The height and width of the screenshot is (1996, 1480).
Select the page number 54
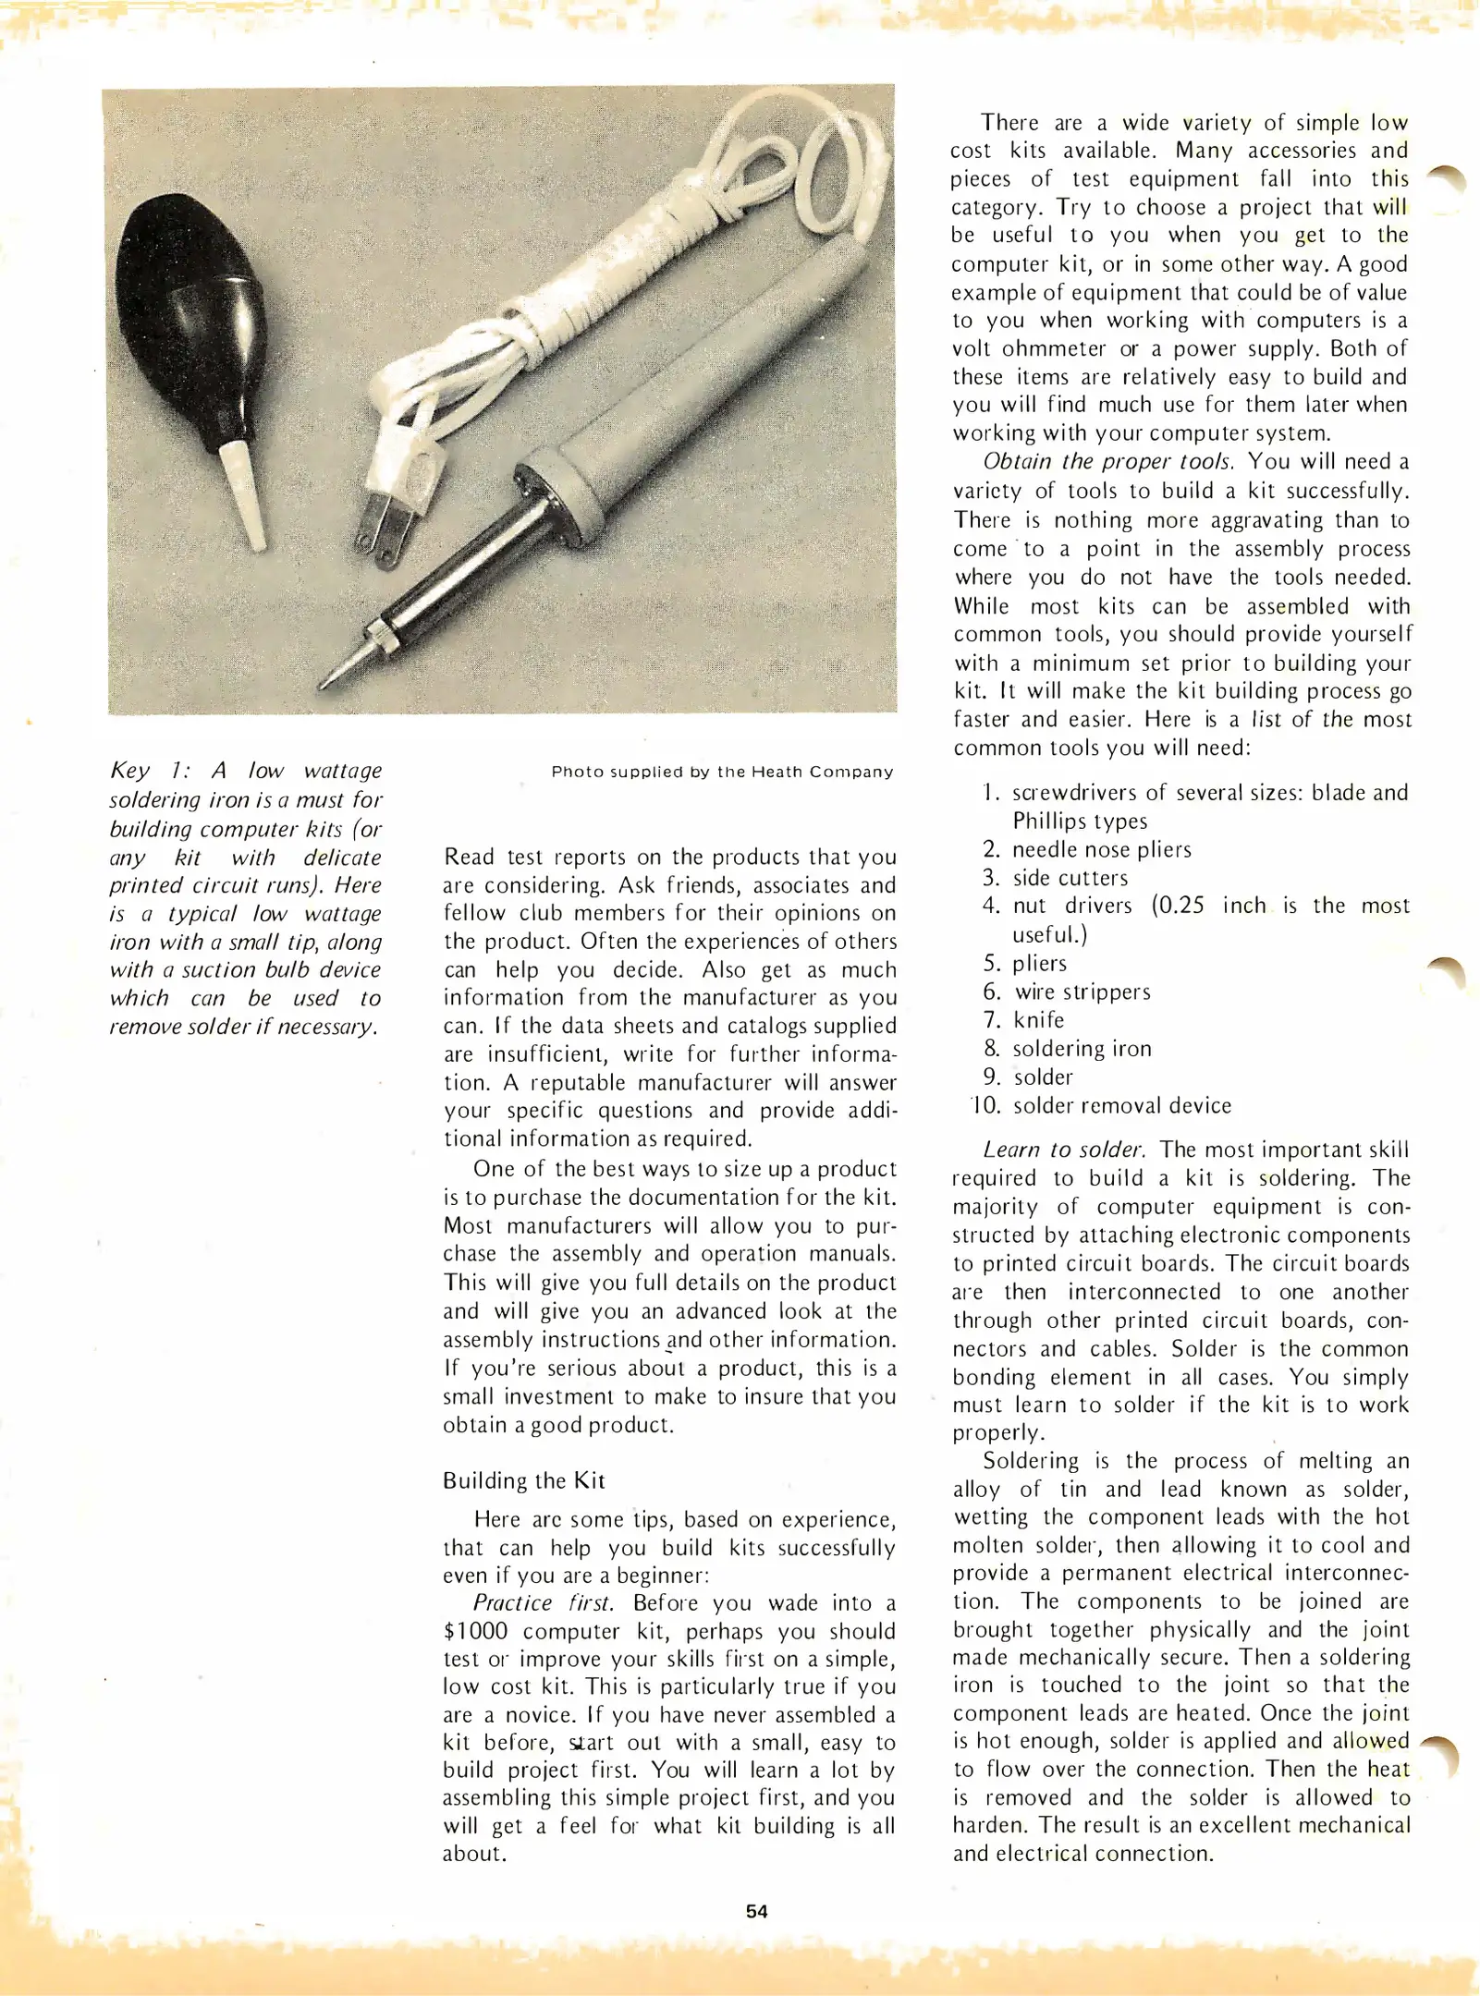(x=756, y=1910)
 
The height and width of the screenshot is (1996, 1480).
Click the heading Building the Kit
(x=523, y=1480)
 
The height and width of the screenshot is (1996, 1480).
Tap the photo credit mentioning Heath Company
(x=722, y=772)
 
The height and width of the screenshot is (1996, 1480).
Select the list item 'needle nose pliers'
(x=1101, y=849)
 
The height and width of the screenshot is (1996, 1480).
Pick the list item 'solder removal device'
(x=1121, y=1105)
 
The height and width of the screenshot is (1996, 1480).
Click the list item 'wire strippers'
(x=1082, y=992)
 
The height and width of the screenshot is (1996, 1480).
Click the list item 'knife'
(x=1038, y=1020)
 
